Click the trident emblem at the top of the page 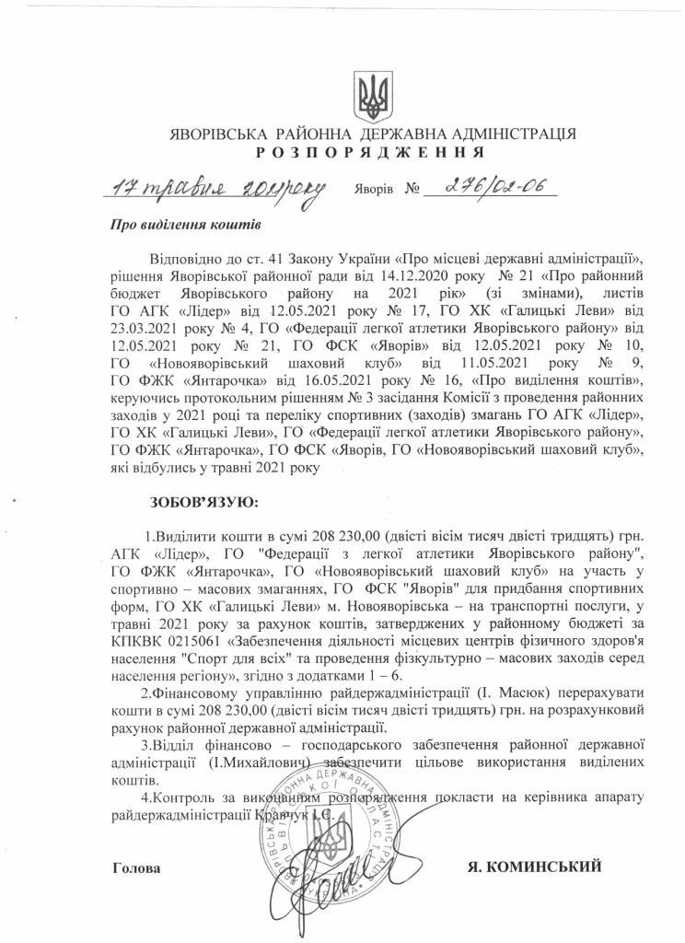click(374, 95)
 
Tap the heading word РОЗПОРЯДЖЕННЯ click(374, 152)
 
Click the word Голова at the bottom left click(135, 867)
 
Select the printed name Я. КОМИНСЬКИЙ click(536, 867)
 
